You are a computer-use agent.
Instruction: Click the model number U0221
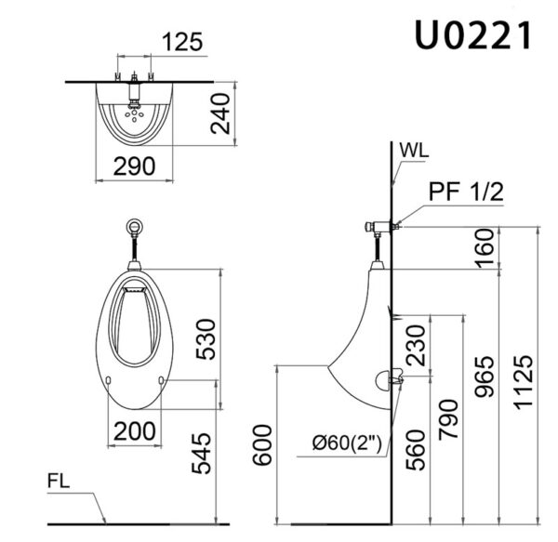coord(473,35)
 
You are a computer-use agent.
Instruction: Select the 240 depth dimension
coord(220,113)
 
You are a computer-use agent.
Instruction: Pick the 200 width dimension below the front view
coord(134,430)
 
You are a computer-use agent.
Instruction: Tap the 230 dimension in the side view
coord(418,345)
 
